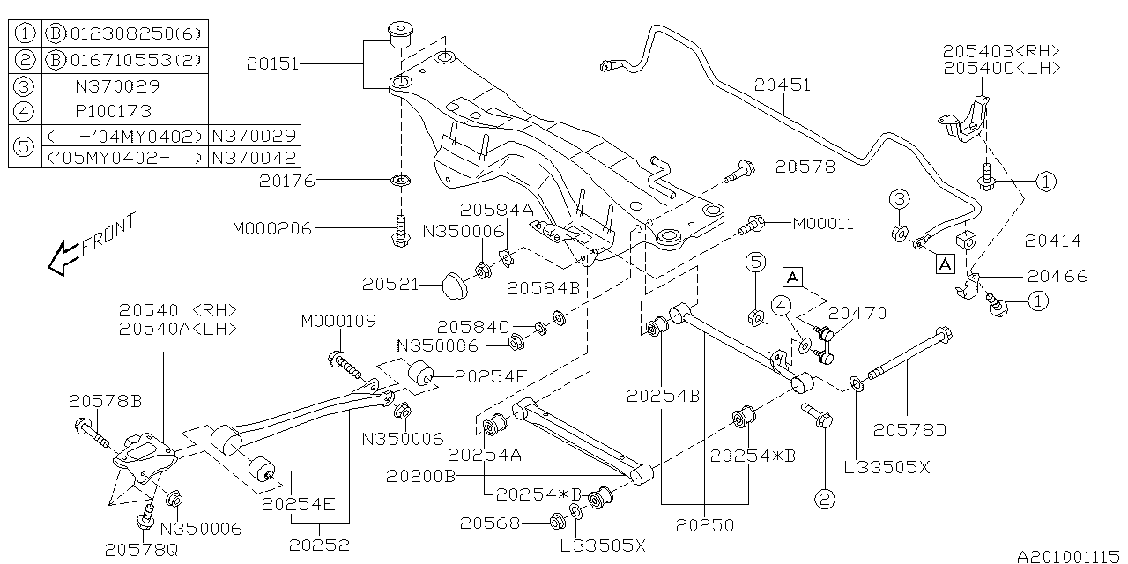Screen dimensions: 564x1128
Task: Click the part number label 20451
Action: pos(781,85)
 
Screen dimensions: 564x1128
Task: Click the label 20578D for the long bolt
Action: pos(909,430)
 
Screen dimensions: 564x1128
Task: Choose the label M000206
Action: pos(272,227)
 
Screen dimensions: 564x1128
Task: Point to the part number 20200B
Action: pos(420,477)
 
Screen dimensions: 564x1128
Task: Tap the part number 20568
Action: pos(489,523)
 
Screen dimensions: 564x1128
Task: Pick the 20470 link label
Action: pos(857,312)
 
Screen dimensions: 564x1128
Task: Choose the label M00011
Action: pos(823,224)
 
